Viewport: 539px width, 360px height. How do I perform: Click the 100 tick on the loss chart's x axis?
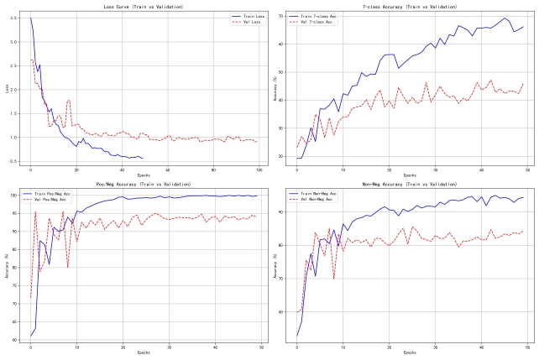pos(259,170)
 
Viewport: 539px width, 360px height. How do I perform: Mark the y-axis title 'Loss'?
pos(7,88)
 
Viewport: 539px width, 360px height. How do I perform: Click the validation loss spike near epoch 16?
pos(68,100)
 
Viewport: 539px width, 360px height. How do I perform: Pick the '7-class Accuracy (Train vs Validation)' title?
pos(410,7)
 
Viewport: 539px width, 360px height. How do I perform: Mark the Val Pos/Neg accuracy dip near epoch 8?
pos(68,267)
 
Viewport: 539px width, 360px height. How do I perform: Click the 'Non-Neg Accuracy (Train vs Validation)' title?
pos(410,185)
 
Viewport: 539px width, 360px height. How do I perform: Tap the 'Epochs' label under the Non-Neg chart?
pos(410,352)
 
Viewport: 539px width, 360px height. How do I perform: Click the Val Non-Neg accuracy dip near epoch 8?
pos(333,278)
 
